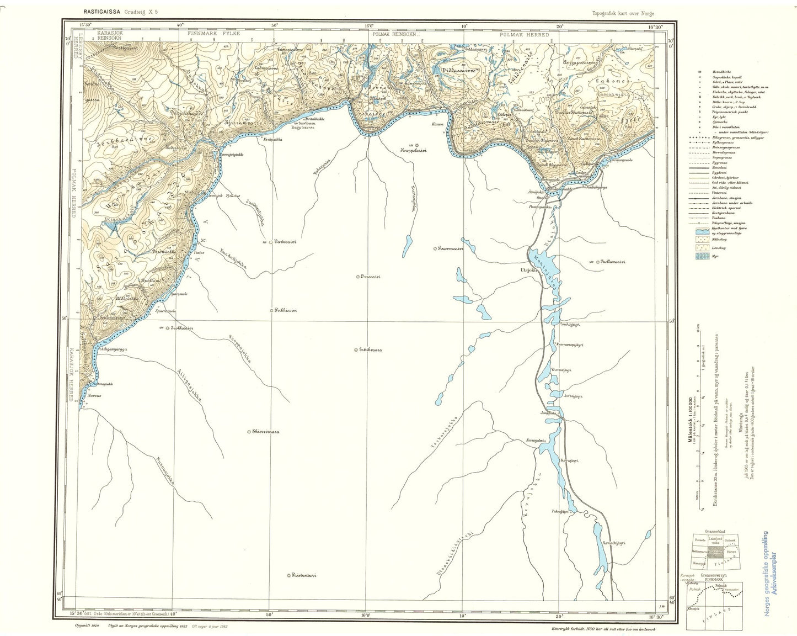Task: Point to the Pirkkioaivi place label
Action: [x=286, y=310]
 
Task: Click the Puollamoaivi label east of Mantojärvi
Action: [x=614, y=262]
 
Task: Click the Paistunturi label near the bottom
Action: [x=304, y=575]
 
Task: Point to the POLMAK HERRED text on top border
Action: [x=524, y=34]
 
